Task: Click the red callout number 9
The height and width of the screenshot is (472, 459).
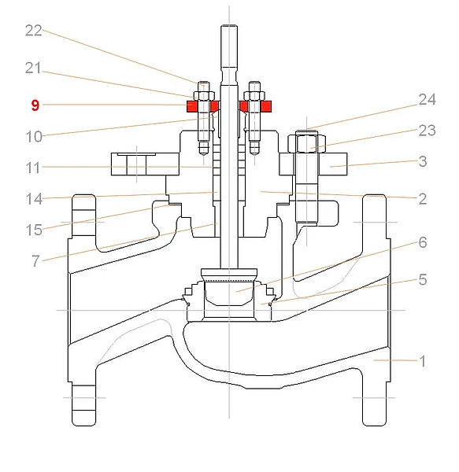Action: (x=35, y=105)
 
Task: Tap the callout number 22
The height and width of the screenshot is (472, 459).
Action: (x=33, y=31)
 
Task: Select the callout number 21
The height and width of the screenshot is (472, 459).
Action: (x=33, y=68)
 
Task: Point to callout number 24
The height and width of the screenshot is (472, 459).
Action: (x=427, y=99)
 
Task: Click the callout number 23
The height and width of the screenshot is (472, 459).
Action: (x=427, y=131)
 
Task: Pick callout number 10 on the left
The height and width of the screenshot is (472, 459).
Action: (x=34, y=137)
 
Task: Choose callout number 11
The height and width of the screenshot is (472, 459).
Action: (x=33, y=168)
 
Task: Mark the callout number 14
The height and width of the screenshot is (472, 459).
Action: (x=34, y=199)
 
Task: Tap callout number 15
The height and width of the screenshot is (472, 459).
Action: (x=34, y=230)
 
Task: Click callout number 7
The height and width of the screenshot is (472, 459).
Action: (x=36, y=261)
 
